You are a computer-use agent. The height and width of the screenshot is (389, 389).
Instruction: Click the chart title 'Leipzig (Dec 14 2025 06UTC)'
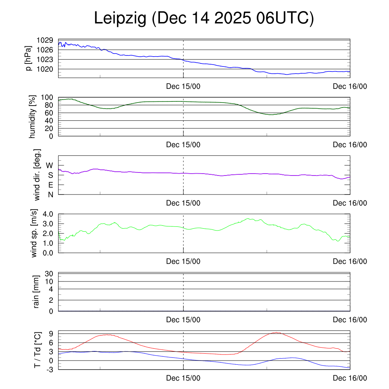coord(204,19)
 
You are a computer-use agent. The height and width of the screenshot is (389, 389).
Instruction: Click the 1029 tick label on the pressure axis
coord(45,40)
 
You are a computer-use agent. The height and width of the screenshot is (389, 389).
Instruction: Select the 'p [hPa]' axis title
coord(28,58)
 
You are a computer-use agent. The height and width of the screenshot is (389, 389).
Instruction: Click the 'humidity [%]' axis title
coord(32,117)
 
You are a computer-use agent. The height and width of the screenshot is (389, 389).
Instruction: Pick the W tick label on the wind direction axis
coord(50,165)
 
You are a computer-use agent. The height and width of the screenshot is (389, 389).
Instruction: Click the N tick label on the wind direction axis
coord(50,194)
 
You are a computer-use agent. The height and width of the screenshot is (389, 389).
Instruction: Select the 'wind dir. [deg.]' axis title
coord(37,175)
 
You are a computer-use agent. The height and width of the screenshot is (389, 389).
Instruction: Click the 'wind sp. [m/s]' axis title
coord(34,233)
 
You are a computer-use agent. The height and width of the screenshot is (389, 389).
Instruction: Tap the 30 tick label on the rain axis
coord(49,274)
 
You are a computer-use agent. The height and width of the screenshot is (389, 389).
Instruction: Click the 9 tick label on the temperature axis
coord(50,334)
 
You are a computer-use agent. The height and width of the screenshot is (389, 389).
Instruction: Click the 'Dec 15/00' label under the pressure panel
coord(183,86)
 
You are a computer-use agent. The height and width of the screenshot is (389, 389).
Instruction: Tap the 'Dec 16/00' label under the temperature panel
coord(350,378)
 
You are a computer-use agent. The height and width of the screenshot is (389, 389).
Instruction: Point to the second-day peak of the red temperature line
coord(277,332)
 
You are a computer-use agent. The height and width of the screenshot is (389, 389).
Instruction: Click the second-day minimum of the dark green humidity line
coord(270,114)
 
